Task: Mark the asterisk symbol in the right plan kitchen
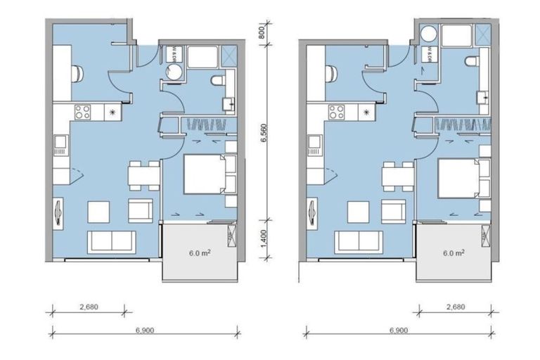click(365, 110)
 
